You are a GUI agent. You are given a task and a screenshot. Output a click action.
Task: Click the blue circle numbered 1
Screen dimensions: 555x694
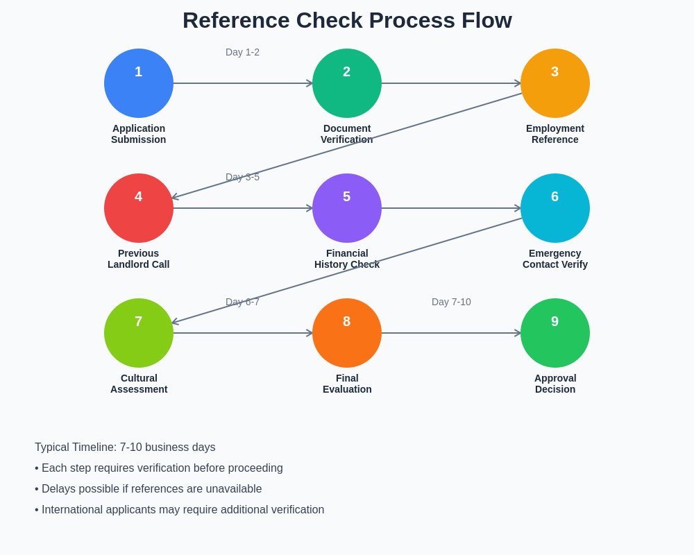pos(139,83)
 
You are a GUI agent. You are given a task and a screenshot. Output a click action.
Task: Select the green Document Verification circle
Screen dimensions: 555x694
pos(347,83)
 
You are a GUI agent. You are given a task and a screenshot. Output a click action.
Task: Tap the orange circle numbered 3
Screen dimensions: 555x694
pos(555,83)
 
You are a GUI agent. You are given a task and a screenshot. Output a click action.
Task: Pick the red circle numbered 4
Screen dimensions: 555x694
pos(139,208)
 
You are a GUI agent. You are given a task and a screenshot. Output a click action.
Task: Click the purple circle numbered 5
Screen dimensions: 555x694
pos(347,208)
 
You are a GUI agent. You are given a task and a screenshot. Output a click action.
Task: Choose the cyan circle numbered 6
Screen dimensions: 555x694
pos(555,208)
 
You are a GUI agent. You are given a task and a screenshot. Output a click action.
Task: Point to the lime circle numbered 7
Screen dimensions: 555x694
pos(139,333)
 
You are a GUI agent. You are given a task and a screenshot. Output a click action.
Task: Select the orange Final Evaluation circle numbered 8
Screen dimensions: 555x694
pos(347,333)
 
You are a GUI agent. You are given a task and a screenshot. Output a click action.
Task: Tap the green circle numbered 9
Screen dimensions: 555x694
pos(555,333)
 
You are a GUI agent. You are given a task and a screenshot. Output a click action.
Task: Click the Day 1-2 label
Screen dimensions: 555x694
pos(242,52)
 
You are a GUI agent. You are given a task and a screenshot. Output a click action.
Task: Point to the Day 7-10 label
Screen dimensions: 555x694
pos(451,302)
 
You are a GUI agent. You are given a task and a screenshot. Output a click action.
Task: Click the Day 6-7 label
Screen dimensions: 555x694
pos(242,302)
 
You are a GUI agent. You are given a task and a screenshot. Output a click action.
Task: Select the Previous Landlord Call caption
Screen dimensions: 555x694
pos(139,259)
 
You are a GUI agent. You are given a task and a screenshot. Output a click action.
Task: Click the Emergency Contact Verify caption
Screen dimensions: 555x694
pos(555,259)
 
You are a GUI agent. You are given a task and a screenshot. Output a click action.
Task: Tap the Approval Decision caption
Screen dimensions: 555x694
pos(555,384)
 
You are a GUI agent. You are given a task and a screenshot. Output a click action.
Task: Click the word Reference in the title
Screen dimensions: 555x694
pos(235,20)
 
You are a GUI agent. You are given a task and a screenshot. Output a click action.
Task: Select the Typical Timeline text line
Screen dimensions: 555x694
pos(125,447)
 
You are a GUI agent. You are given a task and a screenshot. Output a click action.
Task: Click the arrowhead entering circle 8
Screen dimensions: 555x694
pos(310,333)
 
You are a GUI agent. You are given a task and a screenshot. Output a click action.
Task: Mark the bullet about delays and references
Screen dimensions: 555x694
pos(149,489)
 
